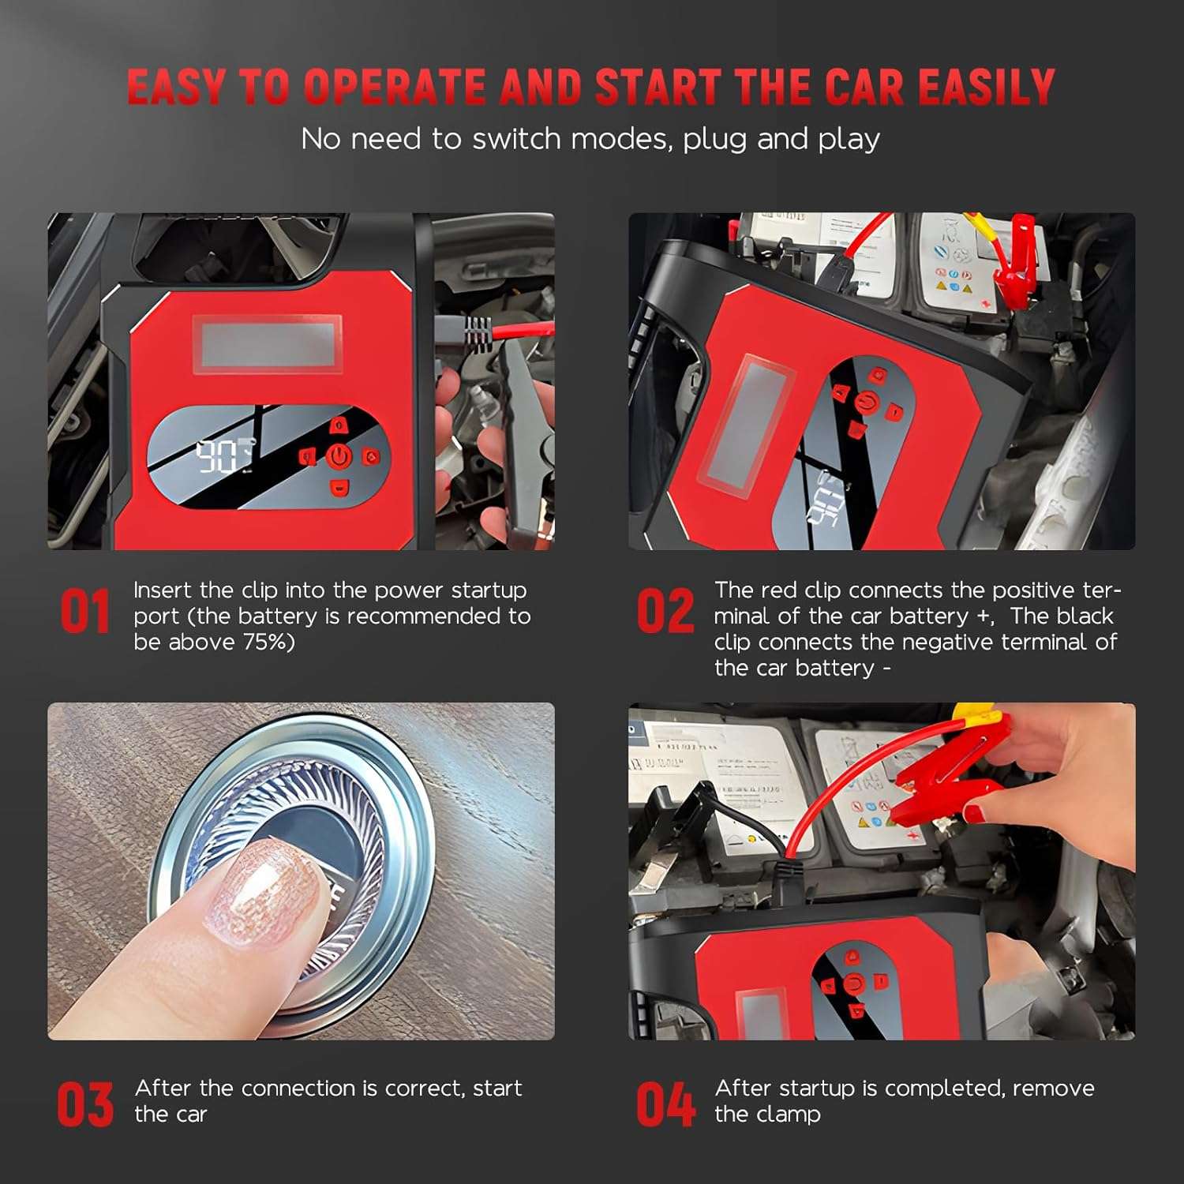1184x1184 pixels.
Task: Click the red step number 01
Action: [84, 612]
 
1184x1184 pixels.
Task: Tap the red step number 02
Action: [665, 612]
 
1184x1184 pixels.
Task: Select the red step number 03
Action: [84, 1104]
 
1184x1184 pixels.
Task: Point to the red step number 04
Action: [665, 1104]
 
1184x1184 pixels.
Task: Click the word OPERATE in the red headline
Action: [394, 87]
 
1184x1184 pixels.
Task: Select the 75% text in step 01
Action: [268, 642]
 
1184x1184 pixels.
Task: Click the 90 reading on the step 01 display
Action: [215, 456]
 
